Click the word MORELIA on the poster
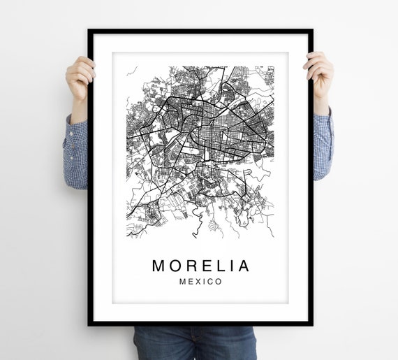pos(200,266)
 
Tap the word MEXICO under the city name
pos(200,282)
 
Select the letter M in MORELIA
pos(159,266)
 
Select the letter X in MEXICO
pos(197,282)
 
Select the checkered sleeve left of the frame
pos(75,154)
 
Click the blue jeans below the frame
pos(196,343)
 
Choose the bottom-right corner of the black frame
pos(311,324)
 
